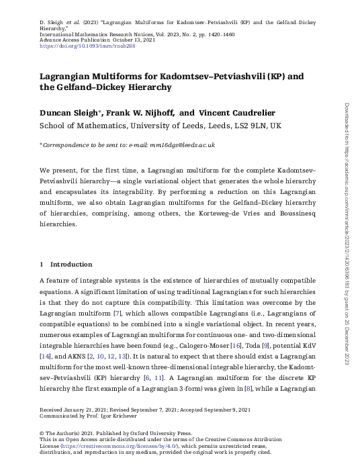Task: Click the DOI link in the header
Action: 85,46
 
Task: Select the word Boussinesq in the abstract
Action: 289,214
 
